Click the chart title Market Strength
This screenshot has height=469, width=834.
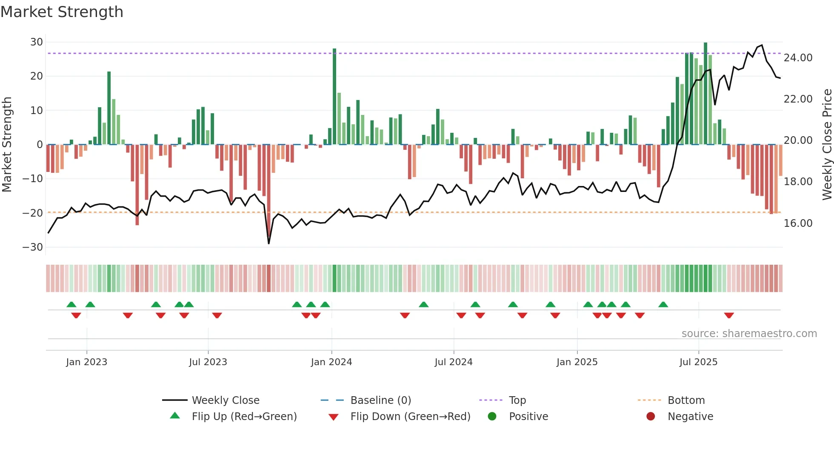[62, 12]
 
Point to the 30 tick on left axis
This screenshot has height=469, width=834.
[37, 42]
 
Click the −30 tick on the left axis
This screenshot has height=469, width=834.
[33, 247]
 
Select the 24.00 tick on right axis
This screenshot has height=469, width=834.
[798, 58]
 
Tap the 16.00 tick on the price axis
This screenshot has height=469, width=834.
[798, 223]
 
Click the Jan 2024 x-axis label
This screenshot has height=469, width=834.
[331, 362]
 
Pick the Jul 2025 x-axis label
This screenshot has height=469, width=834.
[698, 362]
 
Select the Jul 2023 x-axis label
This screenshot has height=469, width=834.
[208, 362]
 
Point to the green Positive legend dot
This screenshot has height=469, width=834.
[492, 417]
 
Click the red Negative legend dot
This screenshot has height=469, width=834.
[651, 417]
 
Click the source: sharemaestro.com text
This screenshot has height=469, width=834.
[749, 334]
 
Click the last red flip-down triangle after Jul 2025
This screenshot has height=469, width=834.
[729, 315]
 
